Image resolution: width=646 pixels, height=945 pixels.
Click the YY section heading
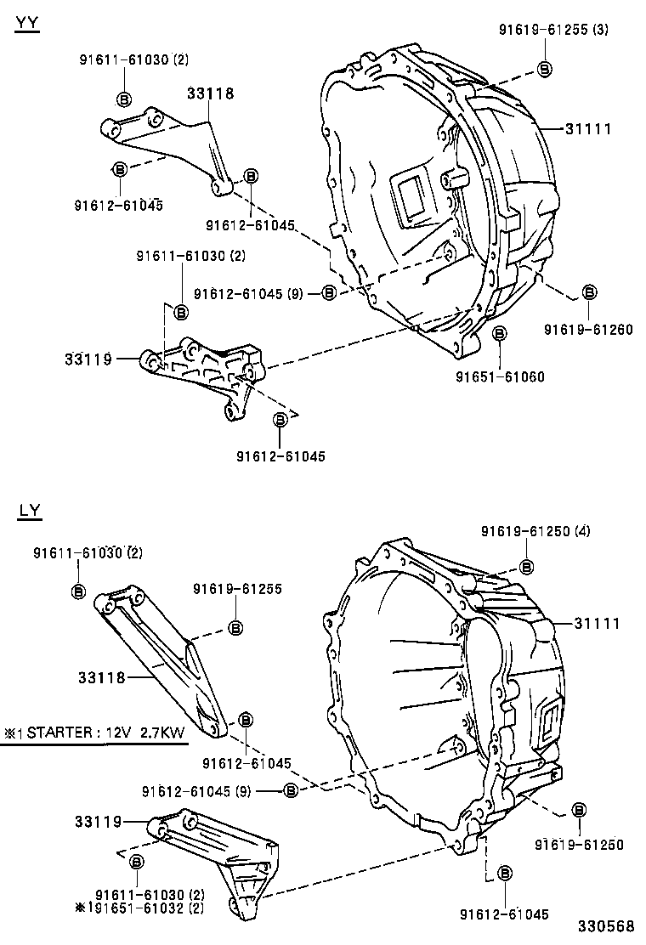pyautogui.click(x=26, y=24)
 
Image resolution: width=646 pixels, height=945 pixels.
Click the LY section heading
pyautogui.click(x=29, y=511)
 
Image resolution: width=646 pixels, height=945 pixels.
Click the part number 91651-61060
pyautogui.click(x=500, y=376)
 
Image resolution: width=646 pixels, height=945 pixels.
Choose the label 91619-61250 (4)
pyautogui.click(x=535, y=532)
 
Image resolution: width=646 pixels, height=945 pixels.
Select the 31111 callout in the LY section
pyautogui.click(x=596, y=624)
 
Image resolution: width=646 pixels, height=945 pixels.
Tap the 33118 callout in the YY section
pyautogui.click(x=210, y=94)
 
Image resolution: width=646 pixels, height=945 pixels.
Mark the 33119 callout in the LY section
pyautogui.click(x=99, y=822)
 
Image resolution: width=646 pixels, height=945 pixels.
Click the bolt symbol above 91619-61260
pyautogui.click(x=588, y=292)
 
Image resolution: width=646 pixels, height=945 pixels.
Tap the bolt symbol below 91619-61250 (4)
pyautogui.click(x=527, y=567)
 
